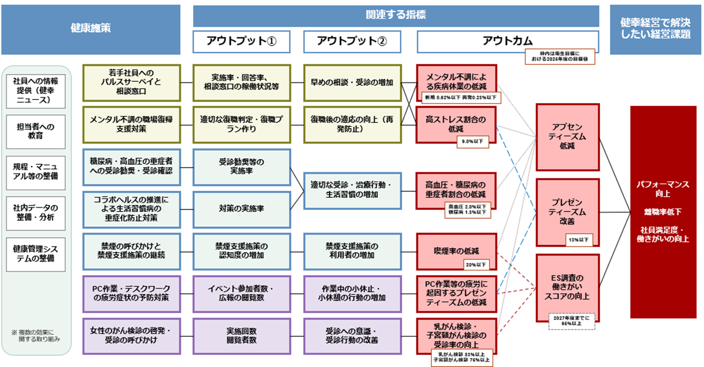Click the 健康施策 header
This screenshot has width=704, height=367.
coord(91,29)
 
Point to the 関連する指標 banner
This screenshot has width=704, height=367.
coord(395,15)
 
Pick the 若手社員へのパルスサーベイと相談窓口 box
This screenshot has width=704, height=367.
coord(131,83)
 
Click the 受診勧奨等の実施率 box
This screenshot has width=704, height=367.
coord(241,167)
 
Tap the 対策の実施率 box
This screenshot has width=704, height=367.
coord(241,209)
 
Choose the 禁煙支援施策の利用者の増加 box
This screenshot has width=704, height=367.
coord(352,251)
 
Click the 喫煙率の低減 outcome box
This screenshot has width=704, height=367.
coord(456,251)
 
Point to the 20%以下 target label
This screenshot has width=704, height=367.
coord(476,264)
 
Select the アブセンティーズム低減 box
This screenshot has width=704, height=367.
coord(567,136)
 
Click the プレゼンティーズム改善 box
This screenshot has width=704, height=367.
coord(567,212)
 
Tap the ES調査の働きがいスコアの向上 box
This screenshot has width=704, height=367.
coord(567,286)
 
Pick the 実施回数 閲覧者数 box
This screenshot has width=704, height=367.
coord(241,336)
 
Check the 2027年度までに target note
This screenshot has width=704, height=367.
coord(571,321)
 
